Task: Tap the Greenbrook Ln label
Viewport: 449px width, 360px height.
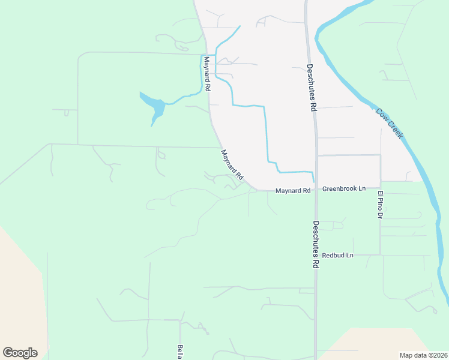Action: tap(344, 188)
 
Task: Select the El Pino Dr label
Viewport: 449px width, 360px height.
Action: tap(380, 204)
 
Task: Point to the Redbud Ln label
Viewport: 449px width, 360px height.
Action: tap(338, 256)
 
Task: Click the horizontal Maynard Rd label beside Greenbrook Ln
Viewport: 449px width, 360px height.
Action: tap(293, 191)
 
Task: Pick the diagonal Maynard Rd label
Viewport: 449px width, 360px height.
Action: tap(232, 165)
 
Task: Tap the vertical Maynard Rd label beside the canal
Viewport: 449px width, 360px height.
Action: tap(206, 74)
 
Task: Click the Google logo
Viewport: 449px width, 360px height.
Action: tap(20, 352)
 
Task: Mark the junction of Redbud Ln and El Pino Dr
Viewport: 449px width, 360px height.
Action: tap(381, 255)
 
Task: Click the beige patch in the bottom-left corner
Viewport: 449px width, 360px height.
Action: tap(18, 288)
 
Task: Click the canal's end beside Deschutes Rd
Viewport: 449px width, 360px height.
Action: tap(313, 181)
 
